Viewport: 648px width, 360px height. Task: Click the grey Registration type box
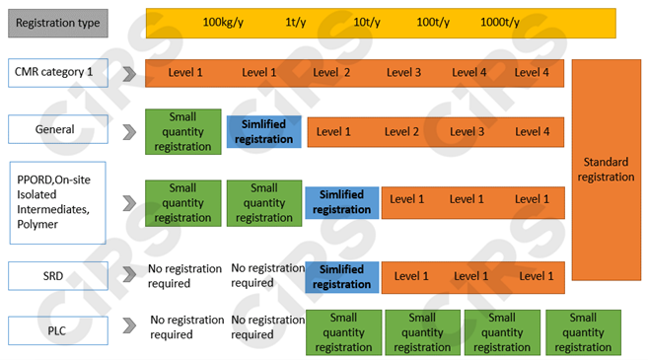pyautogui.click(x=58, y=22)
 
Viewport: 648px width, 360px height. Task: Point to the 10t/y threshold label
pyautogui.click(x=367, y=22)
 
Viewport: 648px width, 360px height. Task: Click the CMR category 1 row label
pyautogui.click(x=58, y=72)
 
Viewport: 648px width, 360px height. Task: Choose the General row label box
pyautogui.click(x=58, y=129)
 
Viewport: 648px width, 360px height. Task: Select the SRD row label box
pyautogui.click(x=58, y=276)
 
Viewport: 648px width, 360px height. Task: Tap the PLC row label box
pyautogui.click(x=58, y=331)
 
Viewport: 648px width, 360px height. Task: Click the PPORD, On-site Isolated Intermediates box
pyautogui.click(x=58, y=202)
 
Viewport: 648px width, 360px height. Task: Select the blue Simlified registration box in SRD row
pyautogui.click(x=341, y=276)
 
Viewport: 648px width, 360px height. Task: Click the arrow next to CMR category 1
pyautogui.click(x=128, y=73)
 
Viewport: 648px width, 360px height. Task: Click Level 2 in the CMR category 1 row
pyautogui.click(x=332, y=73)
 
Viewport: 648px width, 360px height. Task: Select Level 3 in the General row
pyautogui.click(x=467, y=132)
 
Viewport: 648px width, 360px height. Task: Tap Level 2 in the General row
pyautogui.click(x=401, y=132)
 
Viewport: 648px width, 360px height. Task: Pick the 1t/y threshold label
pyautogui.click(x=295, y=22)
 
